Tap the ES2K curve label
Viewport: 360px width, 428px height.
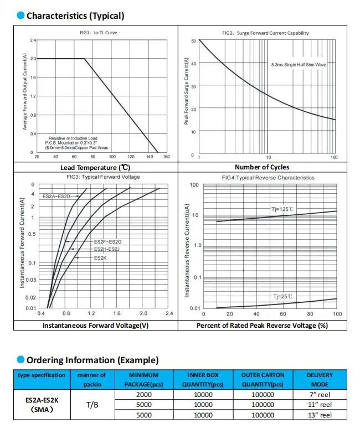(x=100, y=257)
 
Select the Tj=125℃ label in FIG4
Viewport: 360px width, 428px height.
(x=282, y=209)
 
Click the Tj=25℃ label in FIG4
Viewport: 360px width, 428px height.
(x=283, y=297)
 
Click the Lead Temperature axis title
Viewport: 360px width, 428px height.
(x=95, y=167)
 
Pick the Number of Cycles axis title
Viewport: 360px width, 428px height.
(x=262, y=167)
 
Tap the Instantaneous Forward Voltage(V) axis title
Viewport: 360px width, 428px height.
(x=95, y=326)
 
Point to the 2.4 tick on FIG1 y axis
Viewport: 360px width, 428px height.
(x=33, y=40)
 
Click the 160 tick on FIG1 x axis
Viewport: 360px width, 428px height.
(x=166, y=157)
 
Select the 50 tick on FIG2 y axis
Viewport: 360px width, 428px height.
(x=193, y=41)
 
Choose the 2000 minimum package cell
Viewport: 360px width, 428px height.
(x=143, y=394)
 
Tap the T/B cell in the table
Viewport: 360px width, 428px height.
(x=91, y=405)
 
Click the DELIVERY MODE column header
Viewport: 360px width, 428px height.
(x=320, y=379)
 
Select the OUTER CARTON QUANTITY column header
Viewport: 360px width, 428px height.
(x=262, y=379)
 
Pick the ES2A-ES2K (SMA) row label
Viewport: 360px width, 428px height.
(x=42, y=405)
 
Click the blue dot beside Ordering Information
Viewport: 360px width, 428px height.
(x=20, y=360)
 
